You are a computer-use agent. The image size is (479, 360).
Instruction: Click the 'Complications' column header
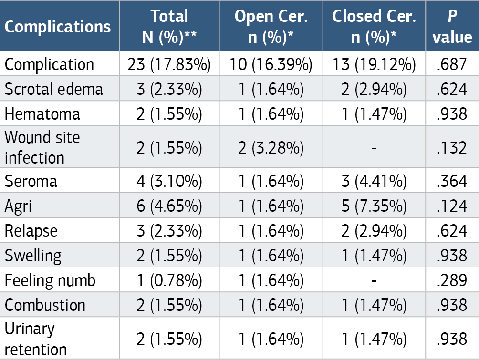click(x=58, y=27)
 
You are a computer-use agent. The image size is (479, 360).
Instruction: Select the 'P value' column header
click(x=452, y=27)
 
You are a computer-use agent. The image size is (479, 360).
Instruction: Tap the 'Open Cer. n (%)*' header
click(x=271, y=27)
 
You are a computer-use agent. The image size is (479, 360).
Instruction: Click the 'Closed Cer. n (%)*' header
click(x=374, y=27)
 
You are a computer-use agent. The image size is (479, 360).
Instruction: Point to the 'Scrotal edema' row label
click(x=54, y=89)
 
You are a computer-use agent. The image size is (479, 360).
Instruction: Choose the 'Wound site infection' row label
click(x=42, y=147)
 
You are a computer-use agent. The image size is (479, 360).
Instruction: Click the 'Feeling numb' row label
click(x=50, y=280)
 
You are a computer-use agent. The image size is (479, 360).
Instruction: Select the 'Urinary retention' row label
click(x=36, y=339)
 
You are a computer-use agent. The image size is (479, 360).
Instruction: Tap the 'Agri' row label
click(x=18, y=206)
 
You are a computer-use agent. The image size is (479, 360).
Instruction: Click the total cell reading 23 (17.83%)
click(x=169, y=64)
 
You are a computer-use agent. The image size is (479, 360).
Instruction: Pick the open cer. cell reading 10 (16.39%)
click(x=271, y=64)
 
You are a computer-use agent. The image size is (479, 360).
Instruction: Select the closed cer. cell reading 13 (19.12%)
click(x=374, y=64)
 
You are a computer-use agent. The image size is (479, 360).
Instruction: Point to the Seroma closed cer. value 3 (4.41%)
click(x=374, y=181)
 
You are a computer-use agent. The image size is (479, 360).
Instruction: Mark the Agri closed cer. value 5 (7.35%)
click(x=374, y=206)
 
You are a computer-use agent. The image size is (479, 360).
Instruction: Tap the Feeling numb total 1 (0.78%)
click(x=169, y=280)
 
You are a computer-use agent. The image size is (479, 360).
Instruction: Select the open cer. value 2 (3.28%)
click(x=271, y=147)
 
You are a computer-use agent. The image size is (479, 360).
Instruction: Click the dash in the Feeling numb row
click(x=374, y=280)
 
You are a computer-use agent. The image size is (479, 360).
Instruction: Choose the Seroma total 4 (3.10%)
click(x=169, y=181)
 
